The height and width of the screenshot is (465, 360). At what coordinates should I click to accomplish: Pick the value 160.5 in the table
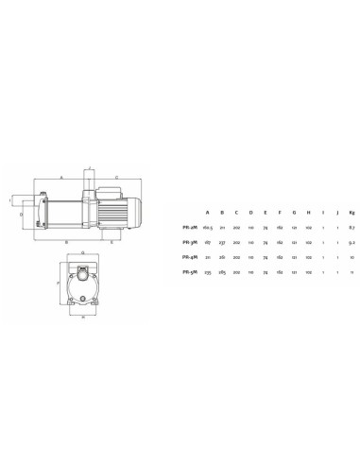(208, 228)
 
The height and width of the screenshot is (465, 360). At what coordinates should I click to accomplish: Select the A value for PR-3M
(208, 243)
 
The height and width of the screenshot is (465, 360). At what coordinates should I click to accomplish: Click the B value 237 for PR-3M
(222, 243)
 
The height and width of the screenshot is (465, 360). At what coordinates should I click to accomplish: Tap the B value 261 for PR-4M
(222, 258)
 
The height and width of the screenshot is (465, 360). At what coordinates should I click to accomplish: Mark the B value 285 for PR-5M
(222, 273)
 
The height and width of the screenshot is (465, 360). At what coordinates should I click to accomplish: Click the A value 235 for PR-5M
(208, 273)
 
